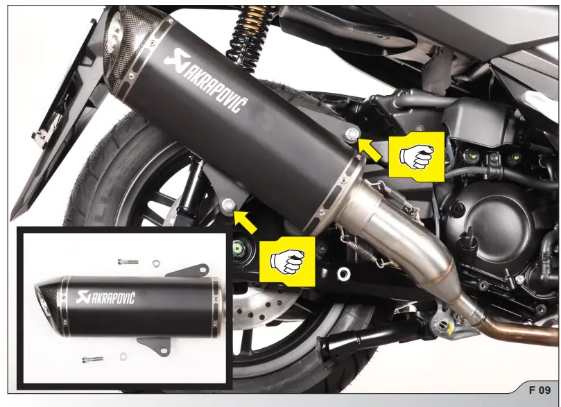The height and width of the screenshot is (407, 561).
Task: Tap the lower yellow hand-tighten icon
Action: tap(286, 260)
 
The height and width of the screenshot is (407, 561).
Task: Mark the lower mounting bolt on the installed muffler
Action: tap(229, 204)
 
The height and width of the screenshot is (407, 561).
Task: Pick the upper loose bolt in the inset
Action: tap(128, 261)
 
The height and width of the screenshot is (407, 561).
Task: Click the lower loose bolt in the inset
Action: tap(92, 359)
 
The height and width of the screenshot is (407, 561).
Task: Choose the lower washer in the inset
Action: tap(122, 358)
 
